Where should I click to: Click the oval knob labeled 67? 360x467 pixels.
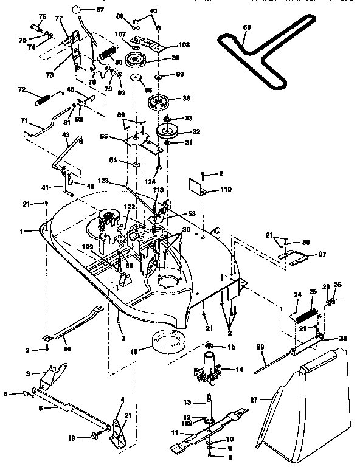78,10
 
